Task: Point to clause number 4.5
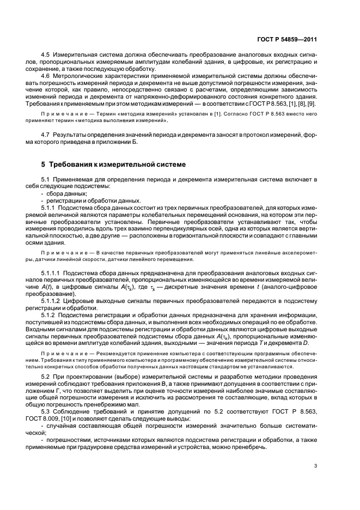click(47, 55)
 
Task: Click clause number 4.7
click(47, 133)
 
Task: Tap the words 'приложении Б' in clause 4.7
click(120, 141)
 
